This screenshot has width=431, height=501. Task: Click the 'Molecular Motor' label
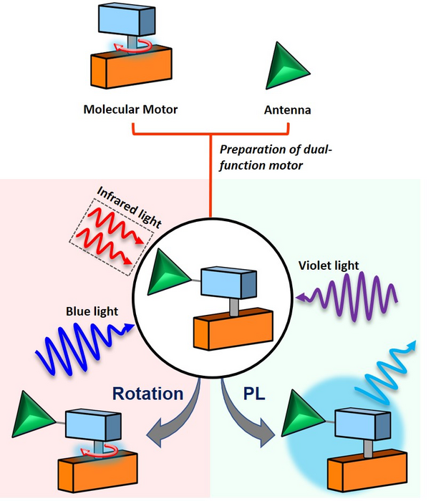tap(130, 110)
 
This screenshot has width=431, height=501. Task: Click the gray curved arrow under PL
tap(250, 424)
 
